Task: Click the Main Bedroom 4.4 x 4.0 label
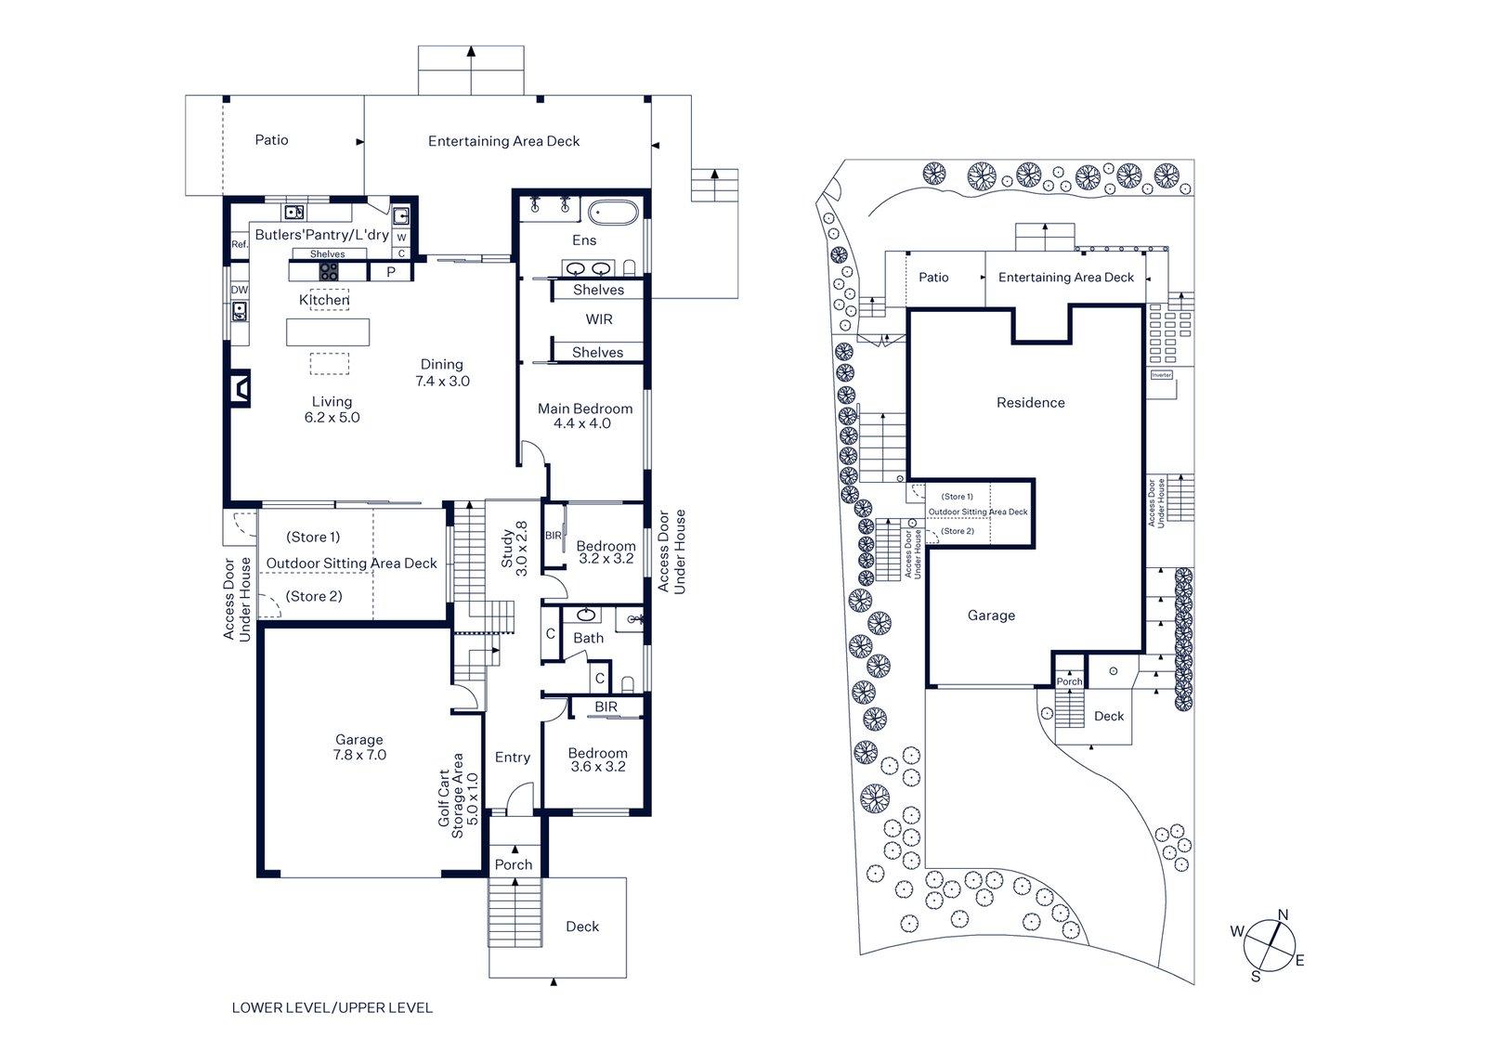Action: (585, 416)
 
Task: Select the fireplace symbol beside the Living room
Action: (241, 389)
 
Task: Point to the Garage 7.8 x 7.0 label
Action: (359, 747)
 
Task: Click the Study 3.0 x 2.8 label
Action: (515, 549)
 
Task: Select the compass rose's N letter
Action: (1283, 915)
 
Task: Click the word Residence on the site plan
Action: (1030, 403)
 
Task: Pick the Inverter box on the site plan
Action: (1161, 375)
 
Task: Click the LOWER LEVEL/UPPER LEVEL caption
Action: (332, 1007)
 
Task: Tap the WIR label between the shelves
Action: (599, 319)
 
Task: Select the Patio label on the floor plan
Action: (271, 140)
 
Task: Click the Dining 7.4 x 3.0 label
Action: (441, 372)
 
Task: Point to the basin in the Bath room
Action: (586, 616)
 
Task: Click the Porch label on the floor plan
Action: (513, 864)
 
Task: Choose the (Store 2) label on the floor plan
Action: (314, 596)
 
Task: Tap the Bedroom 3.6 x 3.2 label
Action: (597, 759)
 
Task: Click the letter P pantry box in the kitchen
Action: (390, 272)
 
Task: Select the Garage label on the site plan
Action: (991, 616)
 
